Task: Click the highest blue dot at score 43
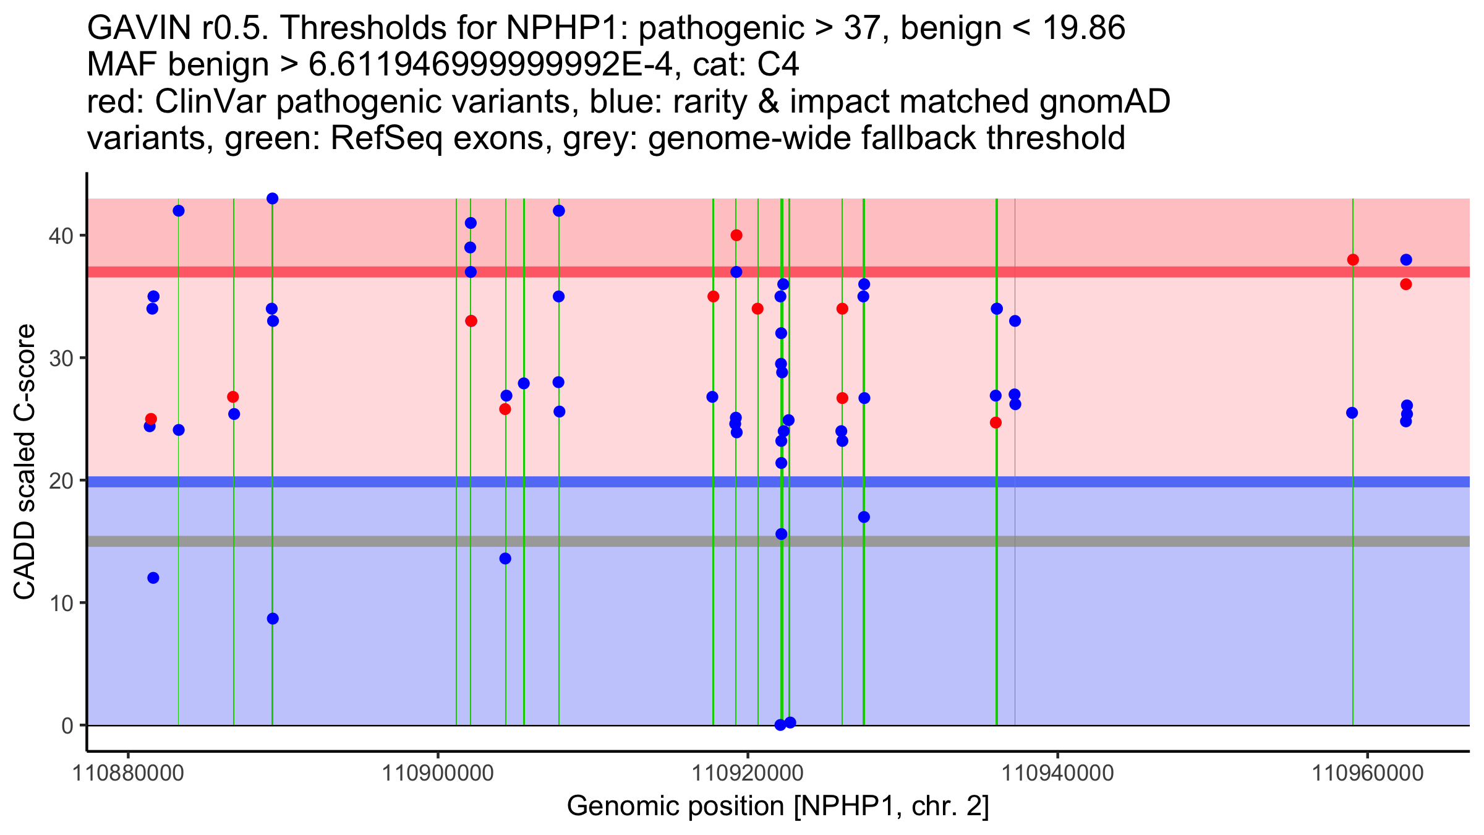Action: click(x=272, y=199)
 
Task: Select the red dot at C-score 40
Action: click(x=736, y=235)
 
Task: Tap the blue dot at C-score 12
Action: click(x=153, y=578)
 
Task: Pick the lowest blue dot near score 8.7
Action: click(x=273, y=619)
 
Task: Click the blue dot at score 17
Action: click(x=864, y=517)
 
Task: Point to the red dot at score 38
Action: click(x=1353, y=260)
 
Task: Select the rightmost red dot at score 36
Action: click(x=1406, y=285)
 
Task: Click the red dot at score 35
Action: click(x=713, y=296)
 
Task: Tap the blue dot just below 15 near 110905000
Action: click(x=505, y=559)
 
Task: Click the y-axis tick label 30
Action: click(x=61, y=358)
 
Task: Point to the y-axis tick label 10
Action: click(x=61, y=603)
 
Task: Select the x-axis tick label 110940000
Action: click(x=1057, y=773)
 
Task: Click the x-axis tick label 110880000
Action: click(x=128, y=773)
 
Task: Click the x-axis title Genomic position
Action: click(x=778, y=807)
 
